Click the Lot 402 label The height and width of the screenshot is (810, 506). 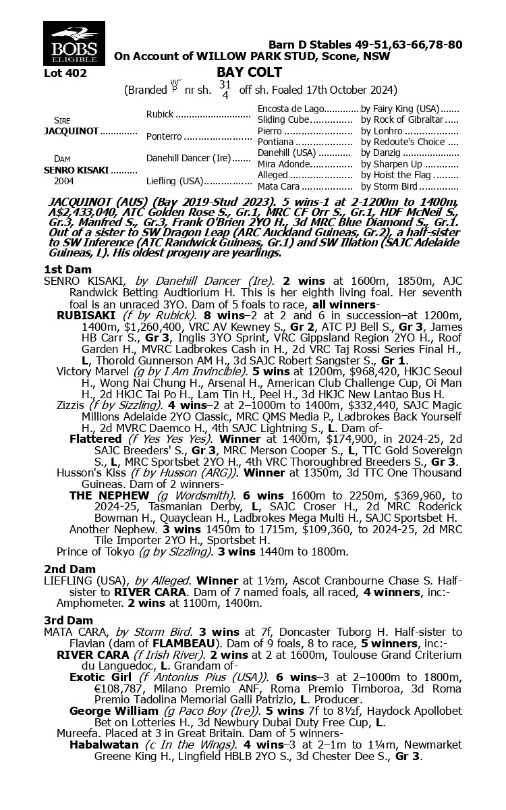point(65,73)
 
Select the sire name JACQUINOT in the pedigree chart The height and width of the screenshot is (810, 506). point(71,131)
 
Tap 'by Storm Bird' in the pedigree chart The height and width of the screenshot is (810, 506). point(392,186)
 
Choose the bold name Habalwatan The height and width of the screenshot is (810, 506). point(103,745)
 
